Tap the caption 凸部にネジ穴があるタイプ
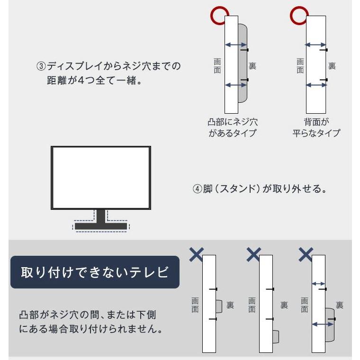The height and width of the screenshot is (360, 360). pyautogui.click(x=233, y=127)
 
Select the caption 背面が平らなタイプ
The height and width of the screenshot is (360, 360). pyautogui.click(x=316, y=127)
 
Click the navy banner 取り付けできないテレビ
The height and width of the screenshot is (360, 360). pyautogui.click(x=95, y=272)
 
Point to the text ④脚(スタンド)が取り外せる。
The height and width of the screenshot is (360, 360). pyautogui.click(x=260, y=189)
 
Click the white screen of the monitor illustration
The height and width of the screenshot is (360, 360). pyautogui.click(x=101, y=177)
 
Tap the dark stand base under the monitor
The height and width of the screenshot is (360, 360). pyautogui.click(x=101, y=226)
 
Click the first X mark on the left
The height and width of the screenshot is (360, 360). pyautogui.click(x=196, y=254)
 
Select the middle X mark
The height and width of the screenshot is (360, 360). pyautogui.click(x=253, y=254)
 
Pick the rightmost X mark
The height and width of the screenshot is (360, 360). pyautogui.click(x=306, y=254)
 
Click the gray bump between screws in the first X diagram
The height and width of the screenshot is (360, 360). pyautogui.click(x=219, y=306)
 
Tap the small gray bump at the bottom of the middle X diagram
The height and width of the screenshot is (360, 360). pyautogui.click(x=275, y=336)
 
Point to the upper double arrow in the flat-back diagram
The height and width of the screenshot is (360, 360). pyautogui.click(x=315, y=45)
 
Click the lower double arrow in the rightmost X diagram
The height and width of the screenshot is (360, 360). pyautogui.click(x=322, y=324)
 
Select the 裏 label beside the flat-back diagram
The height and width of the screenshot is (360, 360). pyautogui.click(x=332, y=66)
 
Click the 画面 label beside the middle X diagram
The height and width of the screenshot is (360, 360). pyautogui.click(x=252, y=306)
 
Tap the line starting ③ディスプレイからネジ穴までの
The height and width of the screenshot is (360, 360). pyautogui.click(x=109, y=66)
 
